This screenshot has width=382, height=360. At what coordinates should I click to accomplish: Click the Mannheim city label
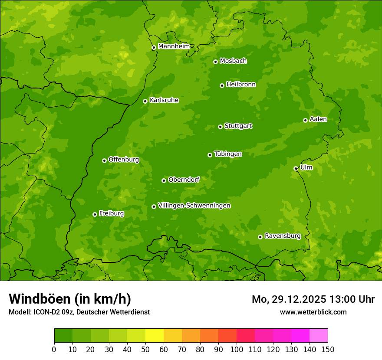(x=174, y=46)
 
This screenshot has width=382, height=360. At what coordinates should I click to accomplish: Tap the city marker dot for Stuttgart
(x=220, y=127)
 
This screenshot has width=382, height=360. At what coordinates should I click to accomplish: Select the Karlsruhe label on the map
(x=164, y=100)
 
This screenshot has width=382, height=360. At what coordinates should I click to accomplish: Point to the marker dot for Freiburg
(x=95, y=214)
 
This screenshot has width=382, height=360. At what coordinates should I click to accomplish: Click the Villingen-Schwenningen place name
(x=194, y=206)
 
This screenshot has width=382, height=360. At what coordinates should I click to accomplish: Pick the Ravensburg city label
(x=282, y=236)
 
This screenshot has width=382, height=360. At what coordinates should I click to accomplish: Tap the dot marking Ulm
(x=296, y=168)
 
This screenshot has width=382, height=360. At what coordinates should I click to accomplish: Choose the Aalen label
(x=318, y=119)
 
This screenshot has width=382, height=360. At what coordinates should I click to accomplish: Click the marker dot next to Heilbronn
(x=222, y=85)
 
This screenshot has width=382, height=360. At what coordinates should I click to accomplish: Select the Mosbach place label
(x=233, y=61)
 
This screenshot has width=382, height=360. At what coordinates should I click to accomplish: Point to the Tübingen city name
(x=228, y=154)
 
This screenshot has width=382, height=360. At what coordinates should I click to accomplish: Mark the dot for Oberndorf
(x=164, y=180)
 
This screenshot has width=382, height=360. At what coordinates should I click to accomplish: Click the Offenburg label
(x=124, y=160)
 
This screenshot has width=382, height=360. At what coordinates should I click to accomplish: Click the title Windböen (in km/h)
(x=70, y=299)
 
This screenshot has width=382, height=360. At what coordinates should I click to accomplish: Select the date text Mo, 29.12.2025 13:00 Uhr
(x=313, y=299)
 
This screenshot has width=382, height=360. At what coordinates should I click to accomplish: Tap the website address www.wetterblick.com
(x=313, y=312)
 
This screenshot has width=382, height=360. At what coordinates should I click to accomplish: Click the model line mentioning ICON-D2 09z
(x=79, y=312)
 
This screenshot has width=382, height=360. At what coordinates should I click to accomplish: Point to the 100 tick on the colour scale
(x=237, y=349)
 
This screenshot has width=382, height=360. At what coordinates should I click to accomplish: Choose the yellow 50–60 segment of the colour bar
(x=155, y=336)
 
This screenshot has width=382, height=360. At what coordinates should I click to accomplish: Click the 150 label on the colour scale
(x=328, y=349)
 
